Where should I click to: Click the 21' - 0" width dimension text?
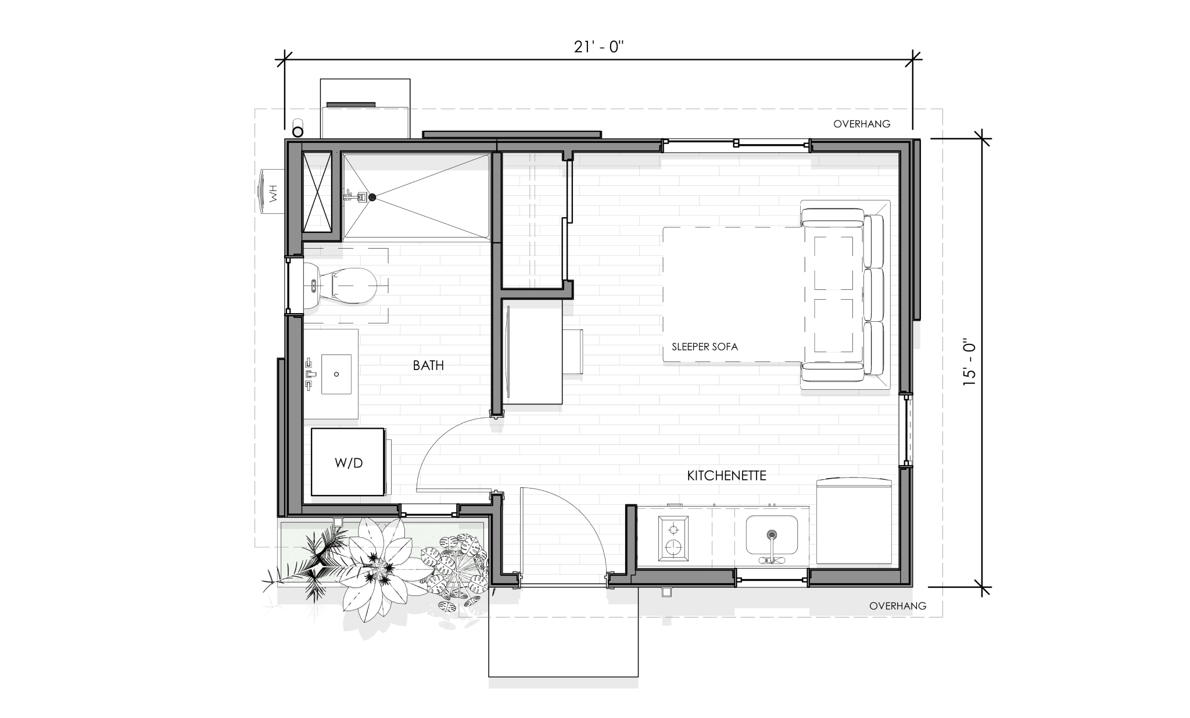pos(598,47)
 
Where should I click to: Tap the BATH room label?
pos(428,365)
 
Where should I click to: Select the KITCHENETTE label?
pos(726,476)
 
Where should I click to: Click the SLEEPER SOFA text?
pos(705,347)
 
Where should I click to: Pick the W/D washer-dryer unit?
pos(348,462)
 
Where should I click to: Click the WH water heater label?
pos(273,192)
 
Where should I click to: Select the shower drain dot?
pos(372,198)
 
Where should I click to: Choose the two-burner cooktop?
pos(674,538)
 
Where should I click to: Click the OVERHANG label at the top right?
pos(862,124)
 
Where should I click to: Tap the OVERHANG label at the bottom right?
pos(898,606)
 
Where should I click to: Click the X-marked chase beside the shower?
pos(317,192)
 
